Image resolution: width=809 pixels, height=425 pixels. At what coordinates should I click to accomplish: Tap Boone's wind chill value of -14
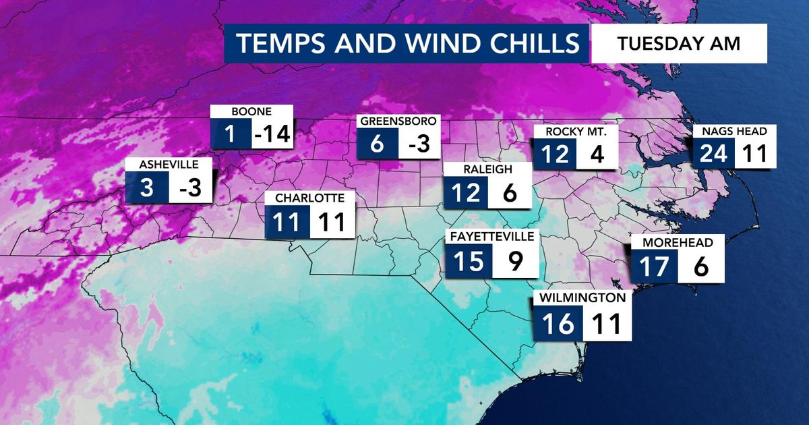(272, 136)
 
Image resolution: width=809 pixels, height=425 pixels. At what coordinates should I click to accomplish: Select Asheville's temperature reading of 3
(148, 188)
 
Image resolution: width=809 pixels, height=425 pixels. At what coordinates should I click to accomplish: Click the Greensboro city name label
(398, 122)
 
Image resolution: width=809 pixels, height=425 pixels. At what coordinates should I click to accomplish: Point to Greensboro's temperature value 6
(378, 144)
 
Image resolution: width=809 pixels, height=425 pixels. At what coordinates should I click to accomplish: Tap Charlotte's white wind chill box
(332, 222)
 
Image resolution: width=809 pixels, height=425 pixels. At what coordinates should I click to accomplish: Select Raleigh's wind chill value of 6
(509, 193)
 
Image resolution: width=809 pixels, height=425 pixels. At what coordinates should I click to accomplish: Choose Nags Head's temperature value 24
(714, 154)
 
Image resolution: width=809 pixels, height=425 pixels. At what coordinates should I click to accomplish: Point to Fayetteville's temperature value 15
(469, 261)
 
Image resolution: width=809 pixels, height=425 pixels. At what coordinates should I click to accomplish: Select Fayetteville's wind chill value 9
(516, 261)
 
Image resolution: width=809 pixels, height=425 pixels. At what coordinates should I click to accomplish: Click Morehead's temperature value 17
(653, 267)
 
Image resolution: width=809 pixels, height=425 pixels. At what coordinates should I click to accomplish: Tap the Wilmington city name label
(582, 297)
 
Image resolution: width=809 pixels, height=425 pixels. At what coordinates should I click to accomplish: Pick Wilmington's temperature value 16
(558, 324)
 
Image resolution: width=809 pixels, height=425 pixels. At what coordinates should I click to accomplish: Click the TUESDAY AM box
(679, 44)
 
